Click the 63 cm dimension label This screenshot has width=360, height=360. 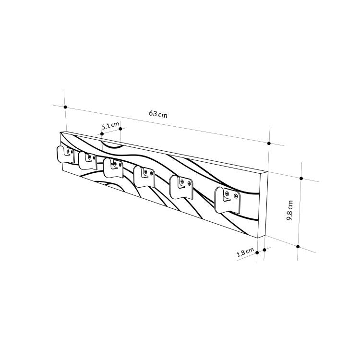pos(158,114)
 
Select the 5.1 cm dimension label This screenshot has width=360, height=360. pos(110,126)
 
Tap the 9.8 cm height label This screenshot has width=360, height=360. pos(290,210)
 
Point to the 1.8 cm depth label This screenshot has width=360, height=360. pos(245,252)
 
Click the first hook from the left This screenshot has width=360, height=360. pos(65,155)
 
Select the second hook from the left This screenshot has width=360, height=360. pos(87,160)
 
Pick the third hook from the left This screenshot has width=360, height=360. pos(113,168)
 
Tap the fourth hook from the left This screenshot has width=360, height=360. pos(144,176)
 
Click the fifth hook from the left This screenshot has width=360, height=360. pos(181,187)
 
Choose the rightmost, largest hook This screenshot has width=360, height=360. pos(227,200)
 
